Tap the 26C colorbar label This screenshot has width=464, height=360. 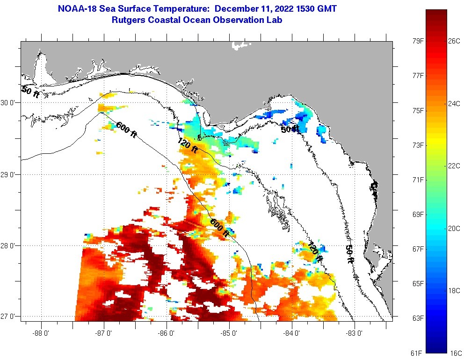[x=454, y=41]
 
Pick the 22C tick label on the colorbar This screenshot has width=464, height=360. [x=454, y=166]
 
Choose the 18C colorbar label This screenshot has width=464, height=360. [x=454, y=290]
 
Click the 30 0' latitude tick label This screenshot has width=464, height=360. [x=10, y=102]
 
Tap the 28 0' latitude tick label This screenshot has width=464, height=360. [x=10, y=245]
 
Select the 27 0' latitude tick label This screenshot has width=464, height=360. [x=10, y=317]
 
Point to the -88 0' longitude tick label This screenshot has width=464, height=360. [x=41, y=333]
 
